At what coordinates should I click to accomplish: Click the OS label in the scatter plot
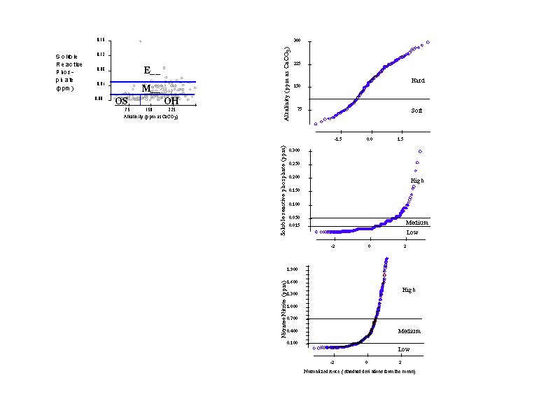(x=121, y=101)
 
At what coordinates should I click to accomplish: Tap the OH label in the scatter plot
(x=171, y=101)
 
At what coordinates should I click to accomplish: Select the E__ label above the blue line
(x=152, y=70)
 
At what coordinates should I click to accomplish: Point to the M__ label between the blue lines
(x=150, y=89)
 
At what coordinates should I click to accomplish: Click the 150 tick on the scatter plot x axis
(x=149, y=110)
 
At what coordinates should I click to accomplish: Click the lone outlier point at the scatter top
(x=140, y=42)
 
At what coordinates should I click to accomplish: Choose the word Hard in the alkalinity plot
(x=417, y=81)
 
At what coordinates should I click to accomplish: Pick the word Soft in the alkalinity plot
(x=416, y=111)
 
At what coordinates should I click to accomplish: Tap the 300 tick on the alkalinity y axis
(x=297, y=41)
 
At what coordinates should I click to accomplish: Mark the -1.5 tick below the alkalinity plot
(x=339, y=139)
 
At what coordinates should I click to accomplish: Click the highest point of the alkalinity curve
(x=428, y=42)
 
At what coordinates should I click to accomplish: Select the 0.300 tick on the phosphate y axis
(x=294, y=150)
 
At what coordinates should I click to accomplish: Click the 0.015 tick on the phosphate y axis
(x=294, y=225)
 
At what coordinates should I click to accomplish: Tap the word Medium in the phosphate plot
(x=412, y=223)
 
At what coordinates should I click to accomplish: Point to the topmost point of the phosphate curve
(x=419, y=151)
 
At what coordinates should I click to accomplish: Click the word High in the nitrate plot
(x=409, y=290)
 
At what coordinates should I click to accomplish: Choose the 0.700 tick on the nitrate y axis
(x=293, y=319)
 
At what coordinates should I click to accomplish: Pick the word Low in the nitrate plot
(x=404, y=349)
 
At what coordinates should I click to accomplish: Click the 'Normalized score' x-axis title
(x=360, y=371)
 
